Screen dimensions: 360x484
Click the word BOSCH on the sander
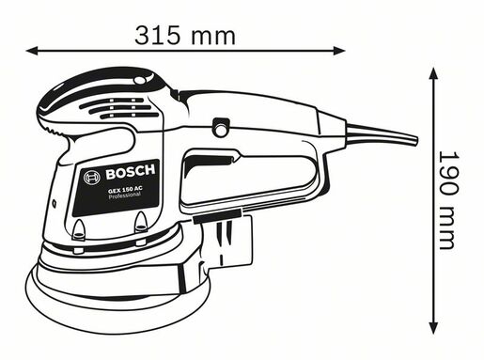pos(129,174)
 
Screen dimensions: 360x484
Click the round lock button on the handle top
pos(222,124)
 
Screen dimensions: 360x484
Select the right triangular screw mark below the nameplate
pos(141,222)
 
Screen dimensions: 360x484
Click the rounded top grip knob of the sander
pos(103,94)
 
